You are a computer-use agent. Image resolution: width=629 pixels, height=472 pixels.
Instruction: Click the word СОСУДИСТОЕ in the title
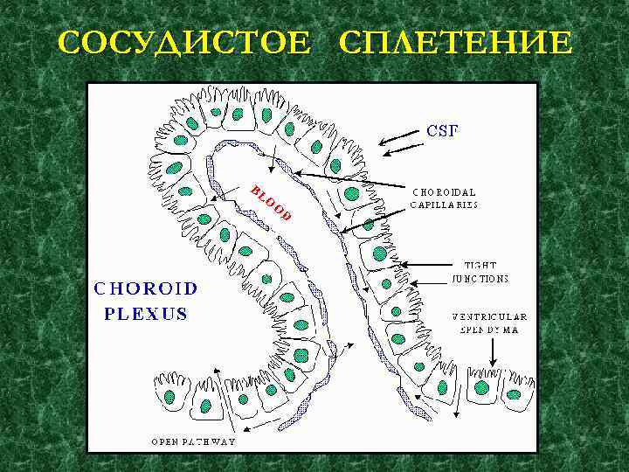click(183, 43)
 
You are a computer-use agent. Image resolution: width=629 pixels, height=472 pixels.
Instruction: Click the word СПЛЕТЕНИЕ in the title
click(456, 43)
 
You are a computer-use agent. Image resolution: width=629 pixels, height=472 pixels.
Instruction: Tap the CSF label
click(442, 131)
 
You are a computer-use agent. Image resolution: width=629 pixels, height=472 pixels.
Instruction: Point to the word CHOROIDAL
click(444, 191)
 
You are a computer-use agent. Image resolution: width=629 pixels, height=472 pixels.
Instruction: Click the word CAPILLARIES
click(444, 205)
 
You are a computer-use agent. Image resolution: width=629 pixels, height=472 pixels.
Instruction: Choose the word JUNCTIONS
click(480, 279)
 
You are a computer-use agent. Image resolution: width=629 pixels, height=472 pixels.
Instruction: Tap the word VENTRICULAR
click(489, 316)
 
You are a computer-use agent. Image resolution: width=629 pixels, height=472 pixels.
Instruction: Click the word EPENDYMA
click(489, 330)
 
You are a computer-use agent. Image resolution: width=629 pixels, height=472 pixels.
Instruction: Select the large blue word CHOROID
click(146, 288)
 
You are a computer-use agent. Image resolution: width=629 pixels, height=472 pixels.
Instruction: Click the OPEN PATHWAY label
click(193, 441)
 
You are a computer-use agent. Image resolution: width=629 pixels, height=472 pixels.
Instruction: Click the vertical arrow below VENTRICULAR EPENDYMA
click(494, 351)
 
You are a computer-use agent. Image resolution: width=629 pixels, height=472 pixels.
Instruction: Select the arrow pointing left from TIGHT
click(427, 264)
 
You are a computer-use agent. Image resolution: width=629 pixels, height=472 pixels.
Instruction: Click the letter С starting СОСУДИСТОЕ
click(68, 43)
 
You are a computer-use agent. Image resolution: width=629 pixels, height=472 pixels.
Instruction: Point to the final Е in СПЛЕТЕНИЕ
click(560, 43)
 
